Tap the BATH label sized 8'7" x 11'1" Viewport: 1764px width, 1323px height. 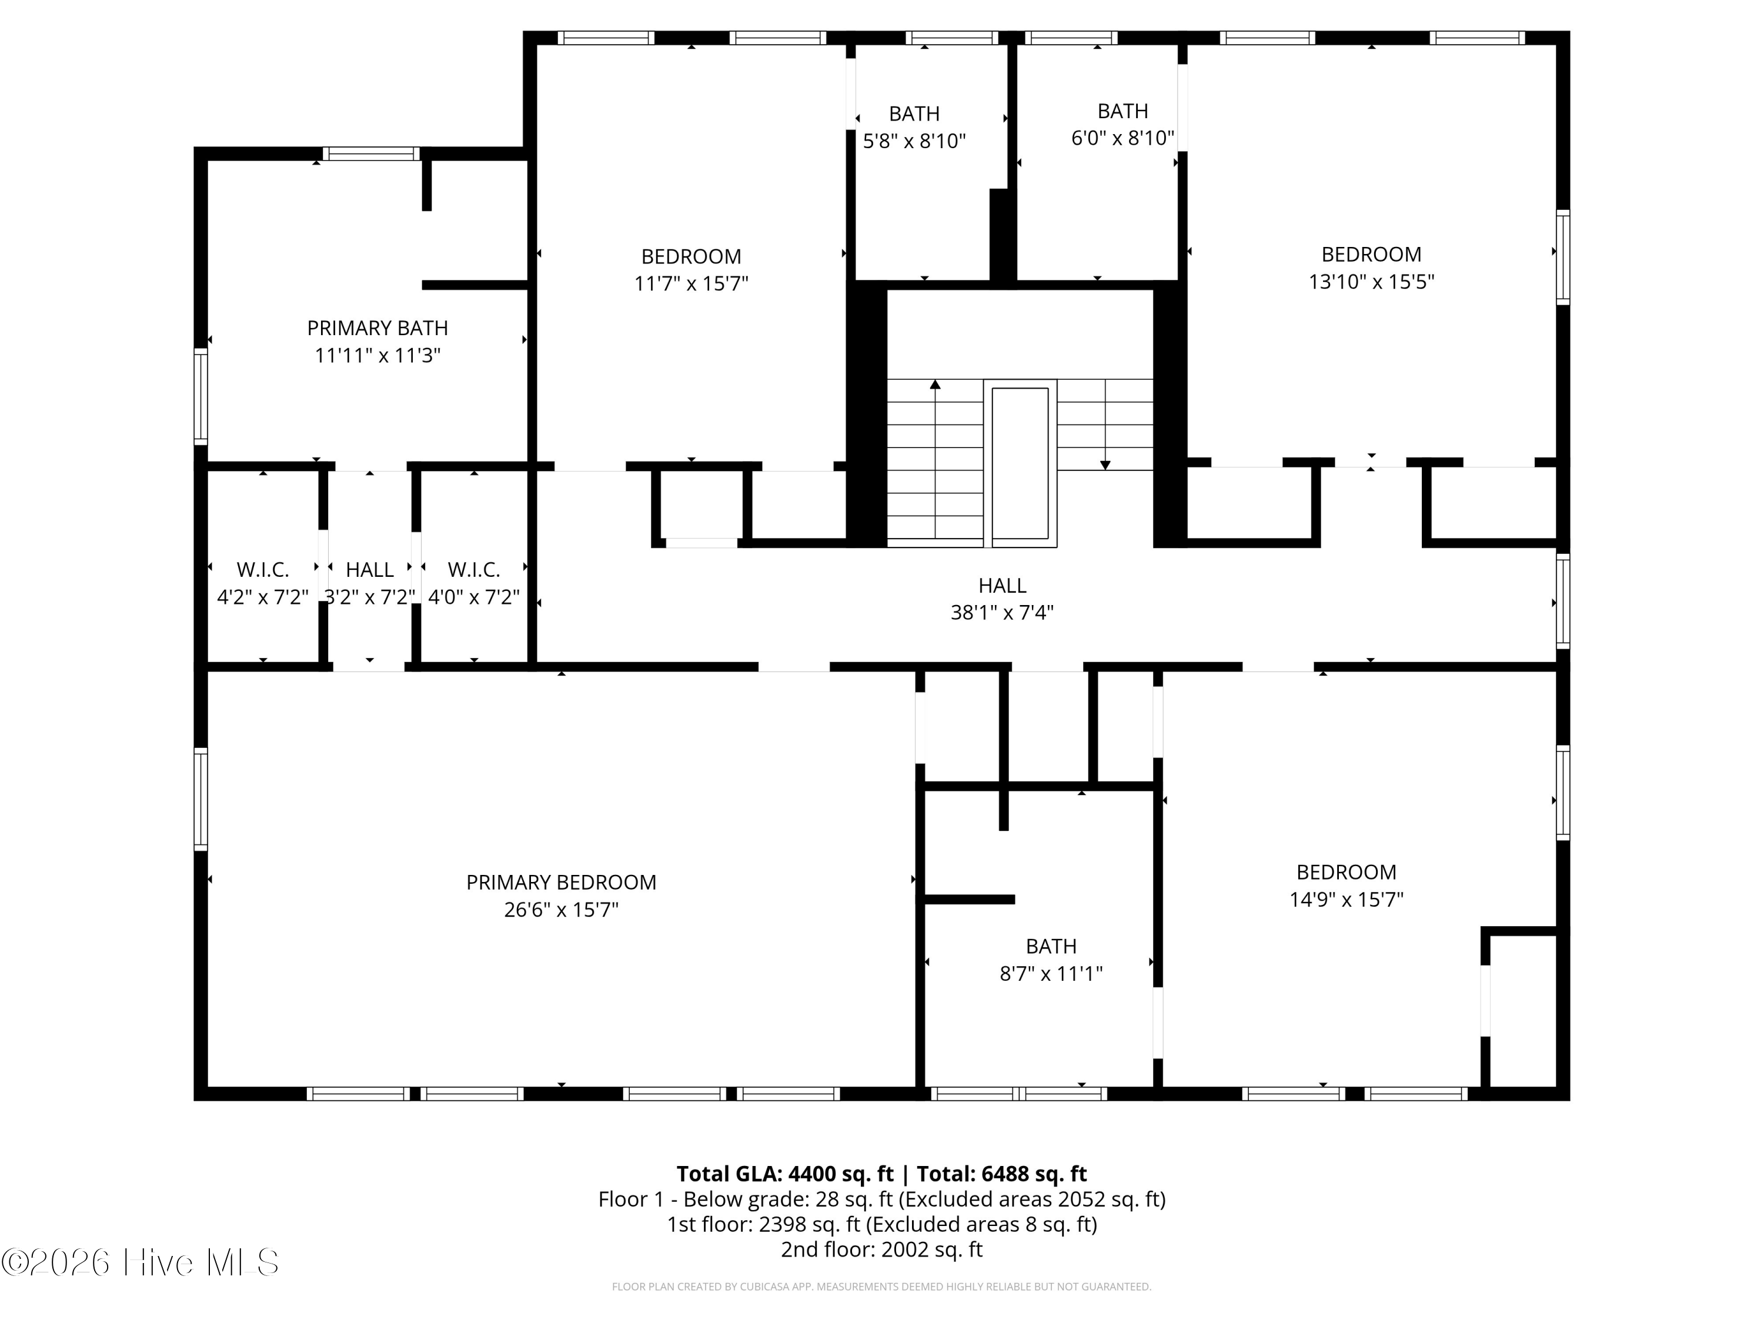click(1051, 947)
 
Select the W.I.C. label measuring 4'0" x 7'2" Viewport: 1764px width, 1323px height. click(474, 570)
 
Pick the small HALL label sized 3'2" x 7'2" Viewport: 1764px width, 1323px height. click(369, 570)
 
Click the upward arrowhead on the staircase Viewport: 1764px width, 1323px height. click(935, 385)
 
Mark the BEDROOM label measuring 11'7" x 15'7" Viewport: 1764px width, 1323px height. click(691, 257)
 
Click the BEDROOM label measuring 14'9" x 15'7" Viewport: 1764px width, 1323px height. click(1346, 873)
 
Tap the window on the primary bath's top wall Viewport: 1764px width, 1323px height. click(371, 154)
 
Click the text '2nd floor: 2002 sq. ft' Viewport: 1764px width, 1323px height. click(881, 1249)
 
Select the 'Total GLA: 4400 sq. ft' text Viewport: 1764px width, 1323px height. click(785, 1174)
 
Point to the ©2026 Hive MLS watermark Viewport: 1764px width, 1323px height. click(141, 1262)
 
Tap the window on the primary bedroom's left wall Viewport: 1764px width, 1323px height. click(201, 799)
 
